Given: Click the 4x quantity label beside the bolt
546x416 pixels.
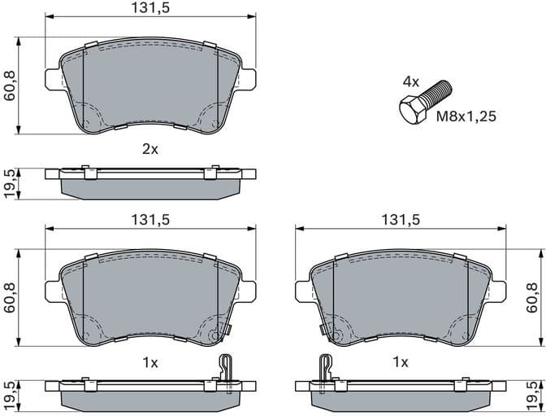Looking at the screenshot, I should tap(410, 81).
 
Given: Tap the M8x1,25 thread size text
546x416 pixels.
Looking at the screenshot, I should tap(466, 116).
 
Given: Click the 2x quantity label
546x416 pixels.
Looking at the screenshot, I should tap(149, 149).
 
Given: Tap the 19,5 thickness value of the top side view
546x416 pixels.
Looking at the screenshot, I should tap(10, 185).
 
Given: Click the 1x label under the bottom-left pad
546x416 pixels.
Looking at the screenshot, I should tap(149, 361).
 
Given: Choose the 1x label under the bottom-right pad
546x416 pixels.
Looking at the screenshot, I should tap(400, 361).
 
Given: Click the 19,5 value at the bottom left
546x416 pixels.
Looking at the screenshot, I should tap(10, 395).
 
